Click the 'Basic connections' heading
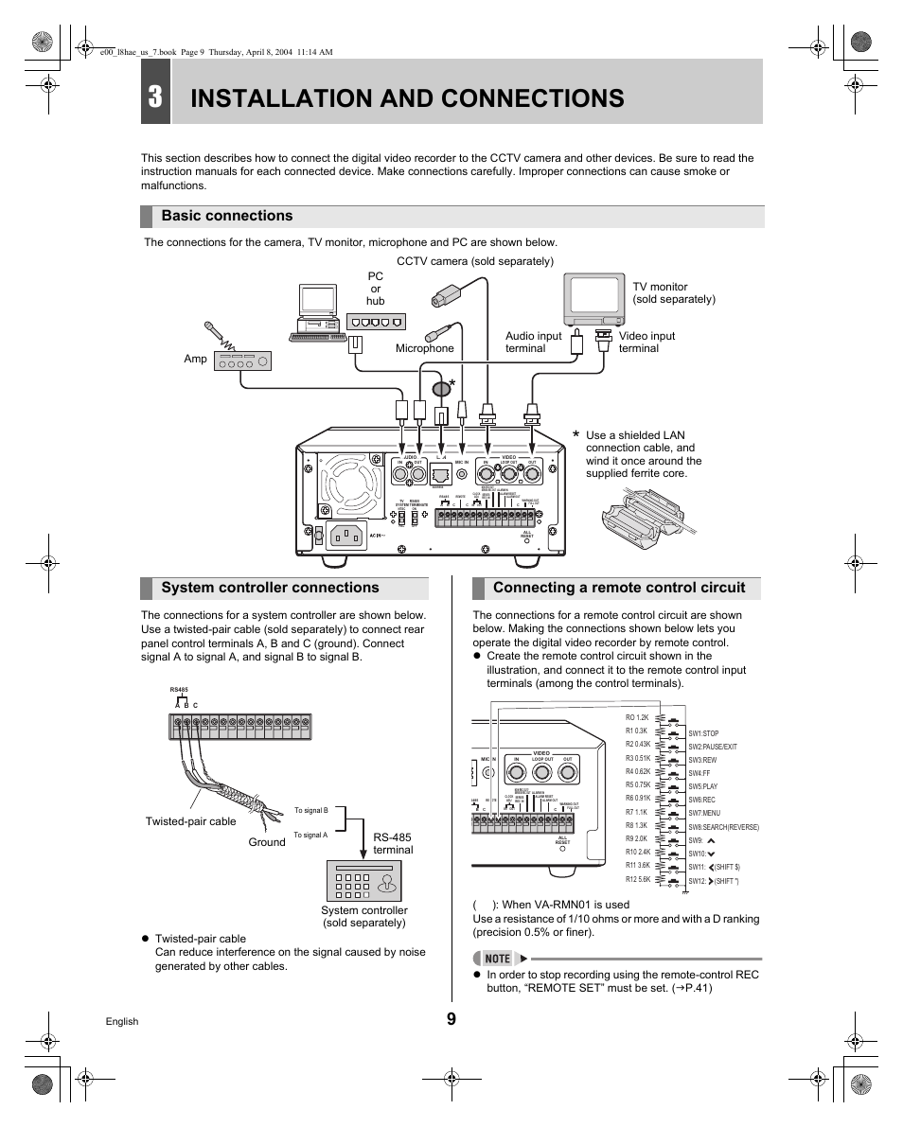tap(227, 216)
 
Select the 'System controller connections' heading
tap(270, 588)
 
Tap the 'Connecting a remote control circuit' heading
tap(619, 588)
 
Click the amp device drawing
tap(243, 361)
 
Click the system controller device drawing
tap(363, 881)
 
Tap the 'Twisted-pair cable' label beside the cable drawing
tap(190, 821)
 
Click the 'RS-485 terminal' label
tap(393, 843)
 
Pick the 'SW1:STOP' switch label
tap(704, 733)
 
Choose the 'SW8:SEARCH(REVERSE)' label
tap(724, 827)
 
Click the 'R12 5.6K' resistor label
tap(638, 879)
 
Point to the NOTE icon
tap(498, 958)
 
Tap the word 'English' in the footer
tap(121, 1022)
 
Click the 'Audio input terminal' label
tap(533, 342)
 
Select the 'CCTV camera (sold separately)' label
tap(474, 261)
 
